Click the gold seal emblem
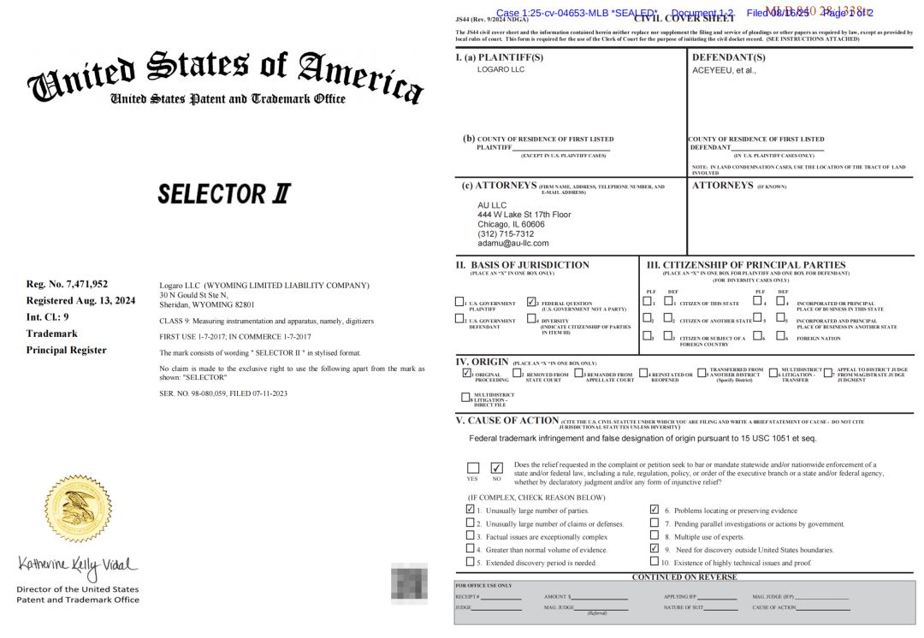(79, 508)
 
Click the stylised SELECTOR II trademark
(224, 194)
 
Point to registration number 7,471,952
(67, 284)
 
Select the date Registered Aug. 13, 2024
(80, 300)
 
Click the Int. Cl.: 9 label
(48, 316)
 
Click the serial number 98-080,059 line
(223, 393)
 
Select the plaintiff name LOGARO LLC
(500, 69)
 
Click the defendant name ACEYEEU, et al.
(724, 70)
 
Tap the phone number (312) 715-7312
(505, 233)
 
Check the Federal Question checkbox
(531, 302)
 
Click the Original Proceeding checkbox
(466, 373)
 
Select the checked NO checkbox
(496, 468)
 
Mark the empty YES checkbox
(473, 468)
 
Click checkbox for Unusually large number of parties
(471, 509)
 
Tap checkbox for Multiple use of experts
(654, 535)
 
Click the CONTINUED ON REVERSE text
(684, 576)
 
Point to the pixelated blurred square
(409, 582)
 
